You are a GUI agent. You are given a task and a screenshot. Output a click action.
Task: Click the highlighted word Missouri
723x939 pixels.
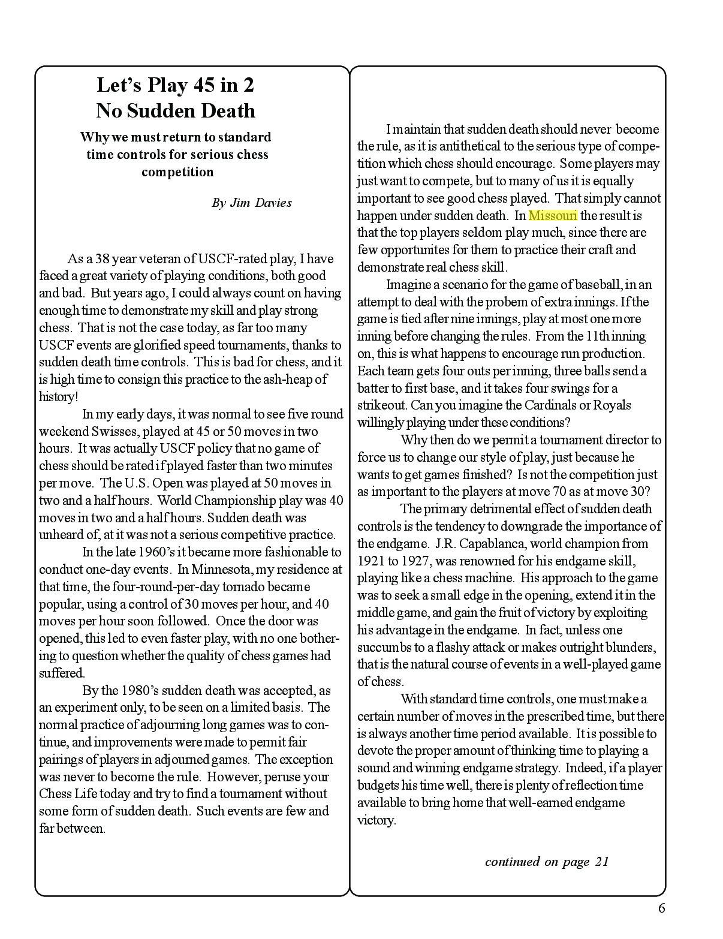[x=552, y=215]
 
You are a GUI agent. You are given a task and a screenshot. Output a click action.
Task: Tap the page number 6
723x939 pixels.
[x=661, y=908]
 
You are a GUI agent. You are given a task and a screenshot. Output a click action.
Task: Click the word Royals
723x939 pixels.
[x=612, y=405]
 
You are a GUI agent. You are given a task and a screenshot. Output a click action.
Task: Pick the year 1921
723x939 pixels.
[x=371, y=561]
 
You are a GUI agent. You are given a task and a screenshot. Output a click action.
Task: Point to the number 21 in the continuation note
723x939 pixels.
[x=602, y=862]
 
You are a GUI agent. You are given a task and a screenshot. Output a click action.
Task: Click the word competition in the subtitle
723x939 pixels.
[x=177, y=172]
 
